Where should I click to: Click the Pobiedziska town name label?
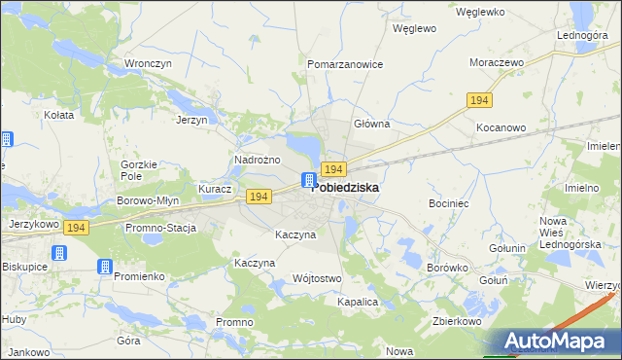[346, 187]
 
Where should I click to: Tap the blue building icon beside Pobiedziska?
[308, 180]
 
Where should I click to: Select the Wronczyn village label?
[148, 64]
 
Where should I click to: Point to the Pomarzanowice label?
[345, 64]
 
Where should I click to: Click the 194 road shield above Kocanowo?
[479, 100]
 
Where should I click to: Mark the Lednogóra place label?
[582, 35]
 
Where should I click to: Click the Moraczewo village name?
[497, 61]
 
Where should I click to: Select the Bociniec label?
[449, 204]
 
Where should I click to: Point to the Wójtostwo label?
[317, 279]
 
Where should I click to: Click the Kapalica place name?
[357, 303]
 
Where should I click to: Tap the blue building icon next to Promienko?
[104, 266]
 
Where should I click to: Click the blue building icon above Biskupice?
[58, 253]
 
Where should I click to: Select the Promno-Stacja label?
[160, 229]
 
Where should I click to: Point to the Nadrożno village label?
[258, 160]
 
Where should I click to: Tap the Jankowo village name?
[29, 351]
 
